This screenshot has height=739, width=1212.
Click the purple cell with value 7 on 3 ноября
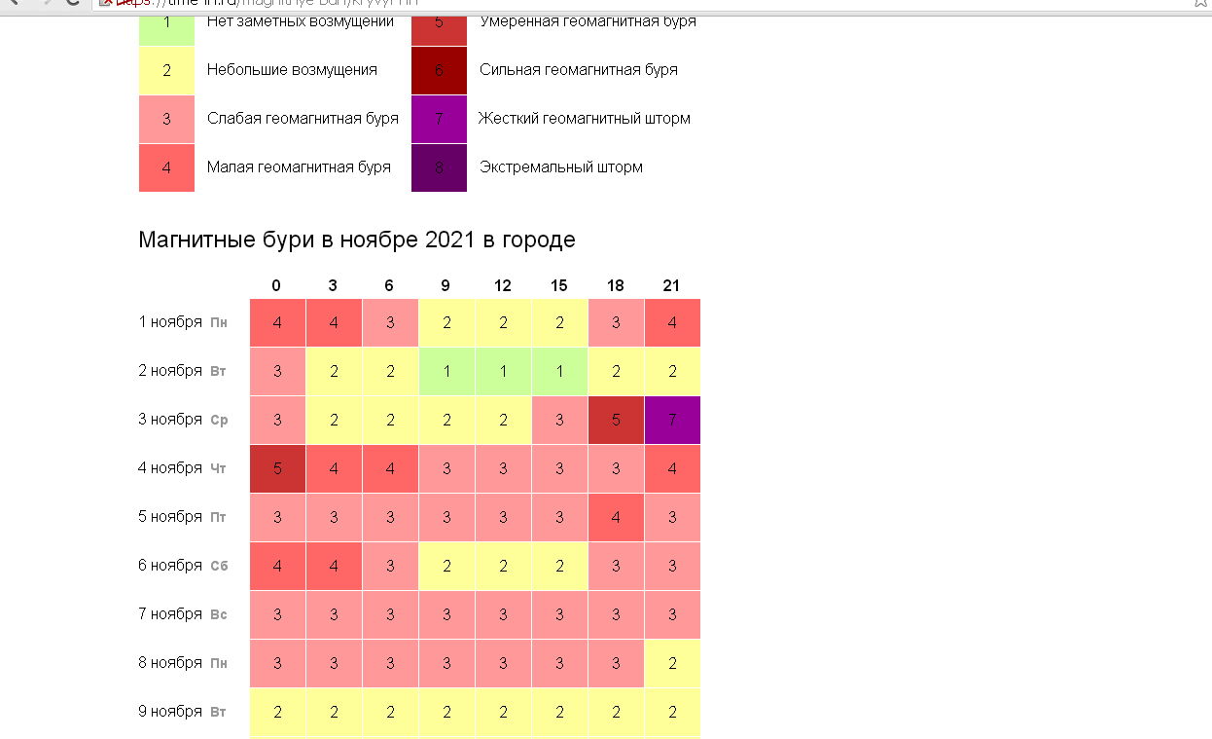coord(672,420)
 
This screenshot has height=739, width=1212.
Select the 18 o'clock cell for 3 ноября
coord(616,420)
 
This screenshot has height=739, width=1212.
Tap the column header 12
coord(503,285)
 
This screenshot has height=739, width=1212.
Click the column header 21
coord(671,285)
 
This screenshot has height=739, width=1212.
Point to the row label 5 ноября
coord(170,517)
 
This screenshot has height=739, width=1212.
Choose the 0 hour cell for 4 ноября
coord(277,468)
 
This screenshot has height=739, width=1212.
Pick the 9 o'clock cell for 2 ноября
coord(446,371)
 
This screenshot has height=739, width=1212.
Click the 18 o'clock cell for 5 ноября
coord(616,517)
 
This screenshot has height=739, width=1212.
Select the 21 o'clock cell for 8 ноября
coord(672,663)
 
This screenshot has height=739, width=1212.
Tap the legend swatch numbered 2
coord(166,70)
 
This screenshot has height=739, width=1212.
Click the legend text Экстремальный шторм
coord(561,167)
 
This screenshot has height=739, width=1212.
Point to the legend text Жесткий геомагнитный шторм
coord(585,119)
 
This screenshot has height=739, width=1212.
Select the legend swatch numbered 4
coord(166,167)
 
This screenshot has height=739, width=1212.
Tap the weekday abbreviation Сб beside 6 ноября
coord(219,567)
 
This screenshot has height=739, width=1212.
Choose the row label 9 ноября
coord(170,712)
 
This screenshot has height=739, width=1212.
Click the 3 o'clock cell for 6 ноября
coord(334,566)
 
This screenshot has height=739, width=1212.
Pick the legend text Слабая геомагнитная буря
coord(303,119)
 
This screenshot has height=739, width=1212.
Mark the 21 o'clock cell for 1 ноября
coord(672,322)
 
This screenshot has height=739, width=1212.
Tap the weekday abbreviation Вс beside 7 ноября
coord(219,615)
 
